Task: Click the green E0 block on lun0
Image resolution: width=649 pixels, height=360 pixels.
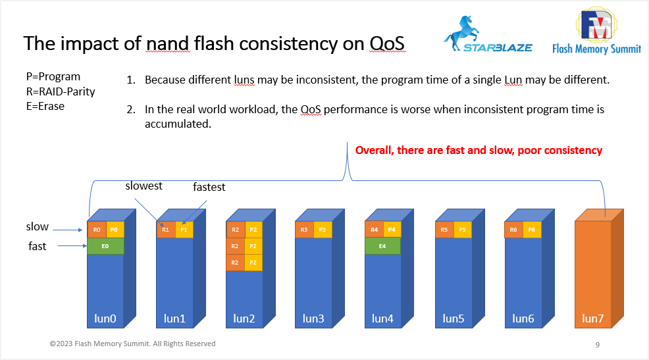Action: click(x=105, y=246)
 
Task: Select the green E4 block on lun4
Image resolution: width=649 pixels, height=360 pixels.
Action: click(x=382, y=246)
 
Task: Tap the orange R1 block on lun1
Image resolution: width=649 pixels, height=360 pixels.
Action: click(x=166, y=230)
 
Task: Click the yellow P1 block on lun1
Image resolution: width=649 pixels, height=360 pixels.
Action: click(x=184, y=230)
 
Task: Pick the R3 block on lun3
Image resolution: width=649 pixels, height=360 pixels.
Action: click(x=304, y=230)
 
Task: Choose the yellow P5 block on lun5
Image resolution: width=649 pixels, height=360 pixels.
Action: click(x=462, y=230)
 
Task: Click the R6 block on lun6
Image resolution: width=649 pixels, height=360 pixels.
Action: click(x=513, y=230)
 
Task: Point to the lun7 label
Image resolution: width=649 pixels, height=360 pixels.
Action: click(x=592, y=319)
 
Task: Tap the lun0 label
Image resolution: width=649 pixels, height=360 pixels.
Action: click(x=105, y=319)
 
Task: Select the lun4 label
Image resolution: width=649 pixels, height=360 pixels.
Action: click(x=382, y=319)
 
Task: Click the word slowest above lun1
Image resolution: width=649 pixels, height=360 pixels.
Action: click(x=143, y=186)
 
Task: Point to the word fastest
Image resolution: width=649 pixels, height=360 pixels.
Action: click(x=209, y=188)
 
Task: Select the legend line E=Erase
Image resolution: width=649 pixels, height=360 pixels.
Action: click(x=45, y=106)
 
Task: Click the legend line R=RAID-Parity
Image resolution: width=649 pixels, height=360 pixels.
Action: click(x=61, y=91)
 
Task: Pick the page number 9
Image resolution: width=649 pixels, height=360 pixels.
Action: click(x=597, y=345)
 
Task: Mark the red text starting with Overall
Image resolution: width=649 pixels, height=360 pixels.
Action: click(x=479, y=150)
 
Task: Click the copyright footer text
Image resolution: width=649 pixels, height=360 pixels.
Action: click(x=132, y=344)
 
